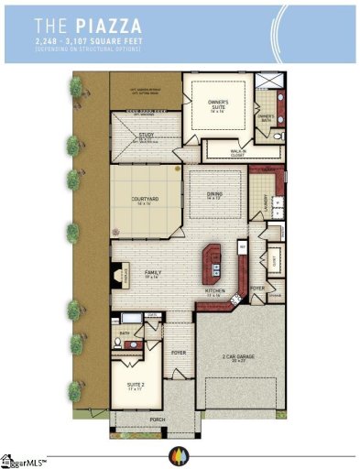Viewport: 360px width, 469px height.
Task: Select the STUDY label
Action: (x=147, y=136)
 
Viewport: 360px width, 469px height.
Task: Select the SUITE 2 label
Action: (x=135, y=387)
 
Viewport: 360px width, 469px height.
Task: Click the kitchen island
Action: (x=217, y=260)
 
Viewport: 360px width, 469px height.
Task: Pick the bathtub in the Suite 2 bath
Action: (x=128, y=321)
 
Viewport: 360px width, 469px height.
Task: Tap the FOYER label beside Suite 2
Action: (x=178, y=352)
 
